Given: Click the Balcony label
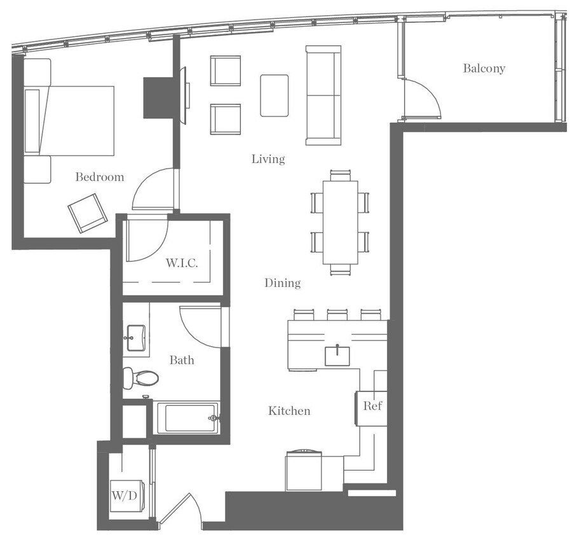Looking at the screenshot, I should pyautogui.click(x=484, y=68).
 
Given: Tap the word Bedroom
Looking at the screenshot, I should pyautogui.click(x=100, y=177).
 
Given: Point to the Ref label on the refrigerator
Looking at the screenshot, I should pyautogui.click(x=372, y=405).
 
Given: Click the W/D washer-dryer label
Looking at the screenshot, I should pyautogui.click(x=123, y=494).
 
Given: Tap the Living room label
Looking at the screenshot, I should pyautogui.click(x=267, y=159).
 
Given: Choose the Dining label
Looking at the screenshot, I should pyautogui.click(x=283, y=283).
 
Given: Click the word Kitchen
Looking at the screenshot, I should pyautogui.click(x=289, y=411).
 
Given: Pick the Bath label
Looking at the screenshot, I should pyautogui.click(x=182, y=360).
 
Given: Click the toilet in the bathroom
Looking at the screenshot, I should pyautogui.click(x=140, y=378).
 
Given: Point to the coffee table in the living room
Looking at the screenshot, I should pyautogui.click(x=274, y=95).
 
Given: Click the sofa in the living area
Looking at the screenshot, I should pyautogui.click(x=323, y=95).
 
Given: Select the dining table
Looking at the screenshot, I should pyautogui.click(x=340, y=222).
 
